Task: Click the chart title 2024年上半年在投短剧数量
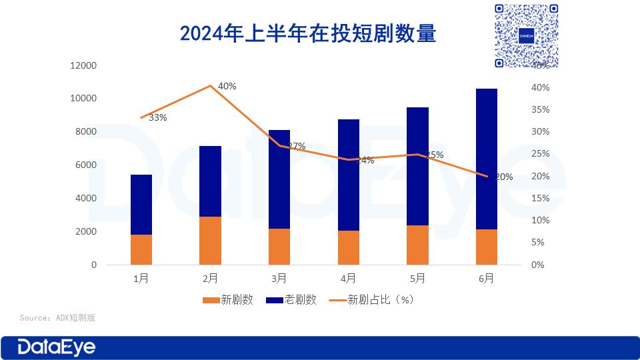(308, 33)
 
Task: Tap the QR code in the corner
(526, 35)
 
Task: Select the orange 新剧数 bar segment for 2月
(210, 240)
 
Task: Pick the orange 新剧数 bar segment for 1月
(141, 249)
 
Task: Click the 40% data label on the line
(227, 86)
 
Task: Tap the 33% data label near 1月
(158, 118)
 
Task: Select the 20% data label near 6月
(503, 177)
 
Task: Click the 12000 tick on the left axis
(83, 65)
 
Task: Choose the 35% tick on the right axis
(541, 110)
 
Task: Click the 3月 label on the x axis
(279, 278)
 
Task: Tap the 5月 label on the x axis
(417, 278)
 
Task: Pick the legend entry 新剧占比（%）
(373, 300)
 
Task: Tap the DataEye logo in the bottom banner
(57, 347)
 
